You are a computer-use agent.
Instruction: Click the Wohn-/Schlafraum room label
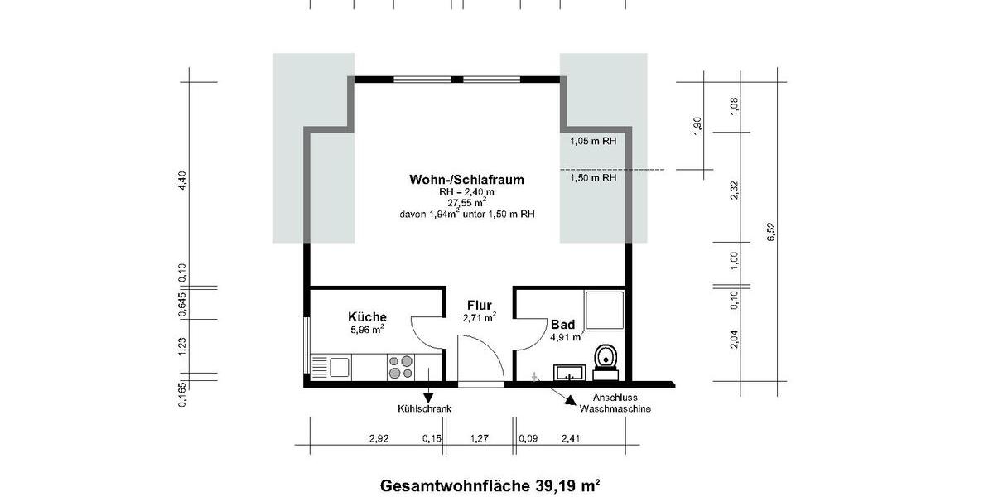tap(466, 179)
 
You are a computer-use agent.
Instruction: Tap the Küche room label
tap(367, 317)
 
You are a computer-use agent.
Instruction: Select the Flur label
tap(479, 305)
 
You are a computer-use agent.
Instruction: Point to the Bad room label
tap(562, 325)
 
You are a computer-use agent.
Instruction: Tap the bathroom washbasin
tap(569, 371)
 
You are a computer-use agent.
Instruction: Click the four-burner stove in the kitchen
tap(401, 366)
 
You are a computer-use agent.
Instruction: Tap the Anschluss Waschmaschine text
tap(615, 403)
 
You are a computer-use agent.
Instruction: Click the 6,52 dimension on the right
tap(771, 233)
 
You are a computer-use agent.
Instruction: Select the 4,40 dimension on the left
tap(183, 181)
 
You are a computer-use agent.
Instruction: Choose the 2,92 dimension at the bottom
tap(379, 438)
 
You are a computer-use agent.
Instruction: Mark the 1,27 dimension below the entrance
tap(480, 438)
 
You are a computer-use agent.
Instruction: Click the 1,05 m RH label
tap(593, 142)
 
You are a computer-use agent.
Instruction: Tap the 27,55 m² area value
tap(466, 201)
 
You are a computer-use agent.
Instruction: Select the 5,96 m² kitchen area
tap(367, 330)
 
